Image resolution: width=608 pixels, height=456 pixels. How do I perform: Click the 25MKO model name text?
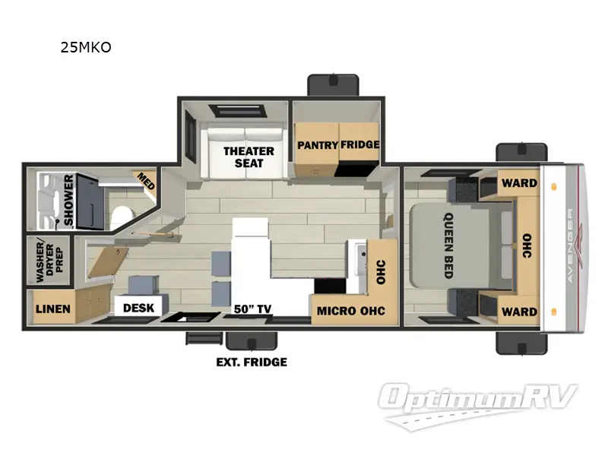tap(86, 48)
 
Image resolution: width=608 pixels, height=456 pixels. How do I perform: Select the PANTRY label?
tap(318, 145)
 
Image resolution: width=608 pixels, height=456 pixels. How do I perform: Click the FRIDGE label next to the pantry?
tap(359, 145)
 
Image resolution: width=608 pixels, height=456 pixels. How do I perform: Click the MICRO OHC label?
tap(351, 311)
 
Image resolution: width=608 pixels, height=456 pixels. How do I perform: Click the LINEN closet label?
tap(52, 309)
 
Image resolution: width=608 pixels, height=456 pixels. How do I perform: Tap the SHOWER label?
tap(68, 201)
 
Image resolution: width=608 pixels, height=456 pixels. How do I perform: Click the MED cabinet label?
tap(144, 181)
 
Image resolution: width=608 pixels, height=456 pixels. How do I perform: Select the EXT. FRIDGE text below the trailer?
tap(252, 362)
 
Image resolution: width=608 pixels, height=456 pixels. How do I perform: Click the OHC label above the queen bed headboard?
tap(527, 247)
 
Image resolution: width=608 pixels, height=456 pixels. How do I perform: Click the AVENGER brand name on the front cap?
tap(570, 247)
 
